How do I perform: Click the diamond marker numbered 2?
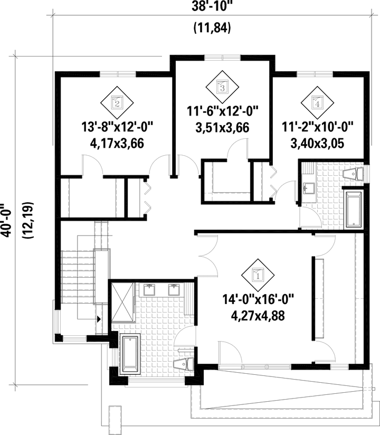(117, 102)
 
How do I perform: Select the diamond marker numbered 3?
(222, 86)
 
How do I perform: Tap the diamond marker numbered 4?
(318, 102)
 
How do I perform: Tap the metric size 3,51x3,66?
(222, 128)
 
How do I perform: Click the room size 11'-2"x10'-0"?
(318, 128)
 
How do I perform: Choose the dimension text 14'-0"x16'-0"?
(258, 300)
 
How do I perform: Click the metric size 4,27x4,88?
(258, 316)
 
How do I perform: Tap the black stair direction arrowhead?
(99, 319)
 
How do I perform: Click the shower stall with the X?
(122, 302)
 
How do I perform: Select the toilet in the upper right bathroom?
(353, 174)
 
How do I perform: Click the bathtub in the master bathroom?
(130, 354)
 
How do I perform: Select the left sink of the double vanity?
(150, 290)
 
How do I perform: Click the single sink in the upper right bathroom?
(308, 188)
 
